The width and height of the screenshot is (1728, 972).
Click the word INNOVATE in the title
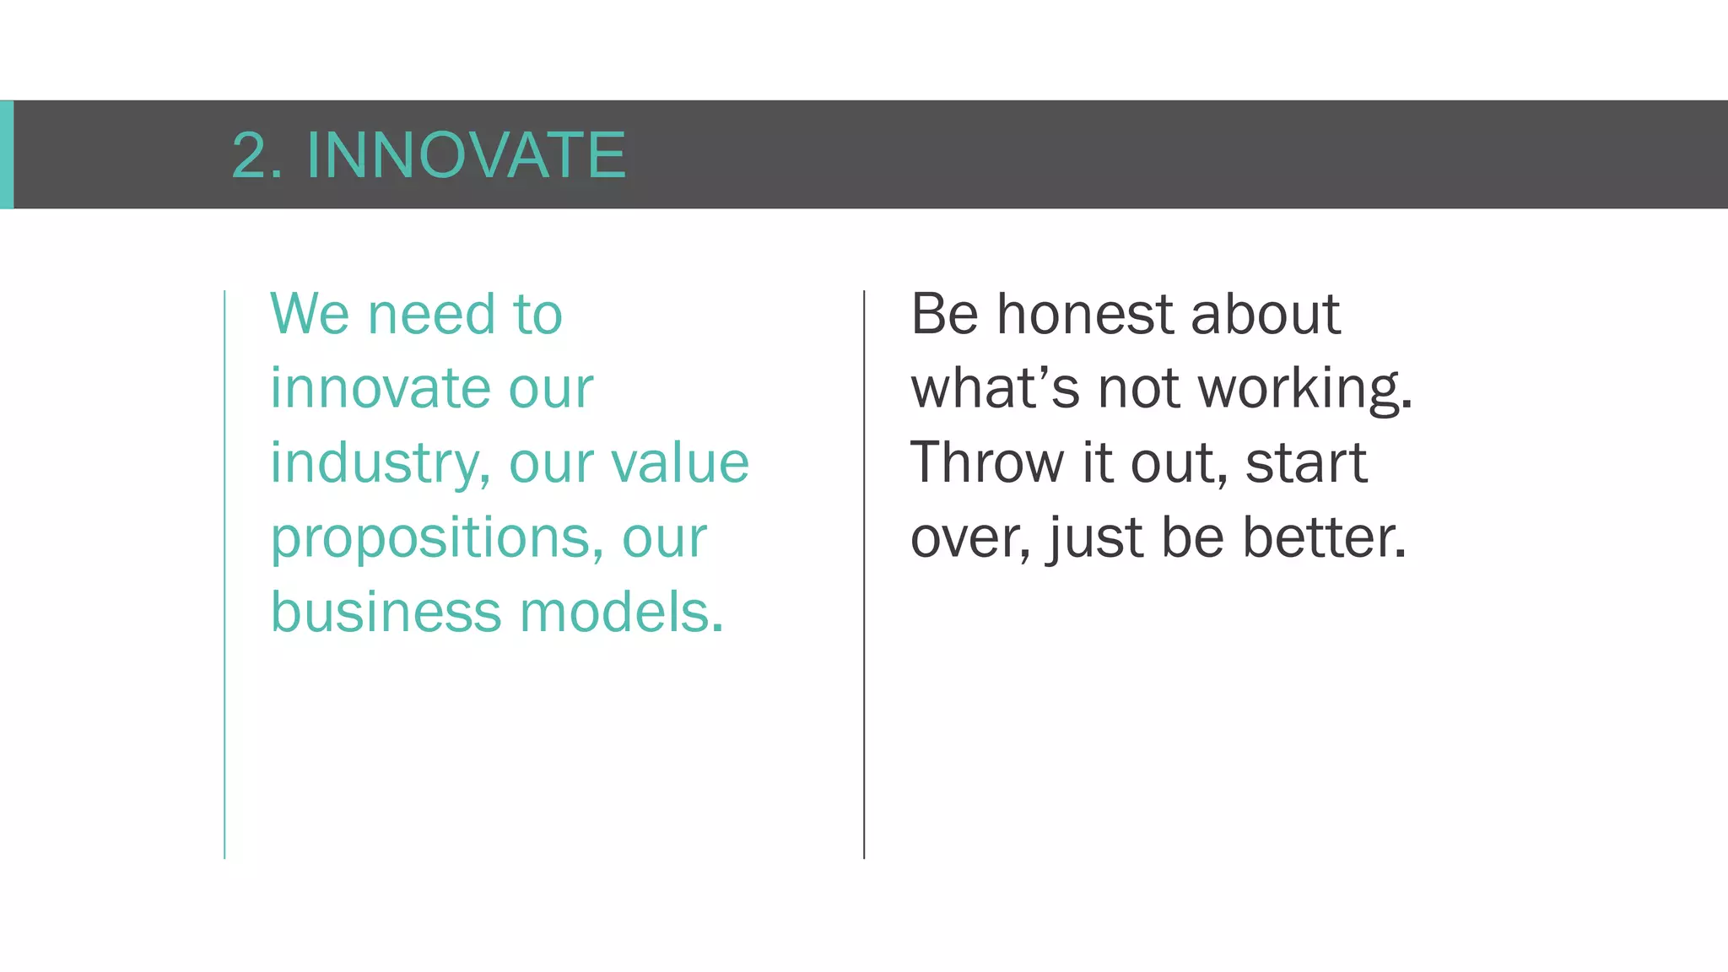466,155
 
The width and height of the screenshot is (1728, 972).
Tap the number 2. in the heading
256,155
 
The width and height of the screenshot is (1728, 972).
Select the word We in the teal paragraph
310,314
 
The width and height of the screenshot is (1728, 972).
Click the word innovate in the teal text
380,388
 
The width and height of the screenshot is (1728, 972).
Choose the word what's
995,388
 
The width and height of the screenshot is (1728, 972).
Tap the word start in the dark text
1305,464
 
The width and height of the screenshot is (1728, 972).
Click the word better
1324,537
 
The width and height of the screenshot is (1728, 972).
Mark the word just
1095,538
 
